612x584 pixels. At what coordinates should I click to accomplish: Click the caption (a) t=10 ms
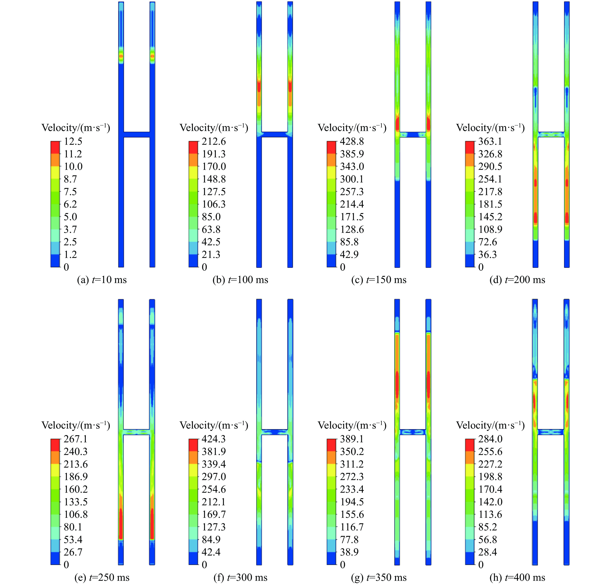click(102, 280)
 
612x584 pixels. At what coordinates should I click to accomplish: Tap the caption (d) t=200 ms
click(517, 280)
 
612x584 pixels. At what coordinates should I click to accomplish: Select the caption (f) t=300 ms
click(240, 578)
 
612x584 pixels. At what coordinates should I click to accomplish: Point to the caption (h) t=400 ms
click(517, 578)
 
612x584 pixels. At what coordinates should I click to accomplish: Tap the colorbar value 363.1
click(490, 142)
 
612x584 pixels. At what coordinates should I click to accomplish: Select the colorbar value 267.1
click(76, 439)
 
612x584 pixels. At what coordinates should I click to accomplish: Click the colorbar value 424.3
click(214, 439)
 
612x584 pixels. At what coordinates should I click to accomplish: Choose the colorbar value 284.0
click(490, 439)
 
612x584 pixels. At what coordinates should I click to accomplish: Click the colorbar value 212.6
click(214, 142)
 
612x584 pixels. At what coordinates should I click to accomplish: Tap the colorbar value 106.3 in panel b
click(214, 204)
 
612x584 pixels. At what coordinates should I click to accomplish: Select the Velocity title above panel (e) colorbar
click(76, 425)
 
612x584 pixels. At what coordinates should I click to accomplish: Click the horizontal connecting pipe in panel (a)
click(137, 135)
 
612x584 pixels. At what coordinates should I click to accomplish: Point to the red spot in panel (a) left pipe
click(121, 56)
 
